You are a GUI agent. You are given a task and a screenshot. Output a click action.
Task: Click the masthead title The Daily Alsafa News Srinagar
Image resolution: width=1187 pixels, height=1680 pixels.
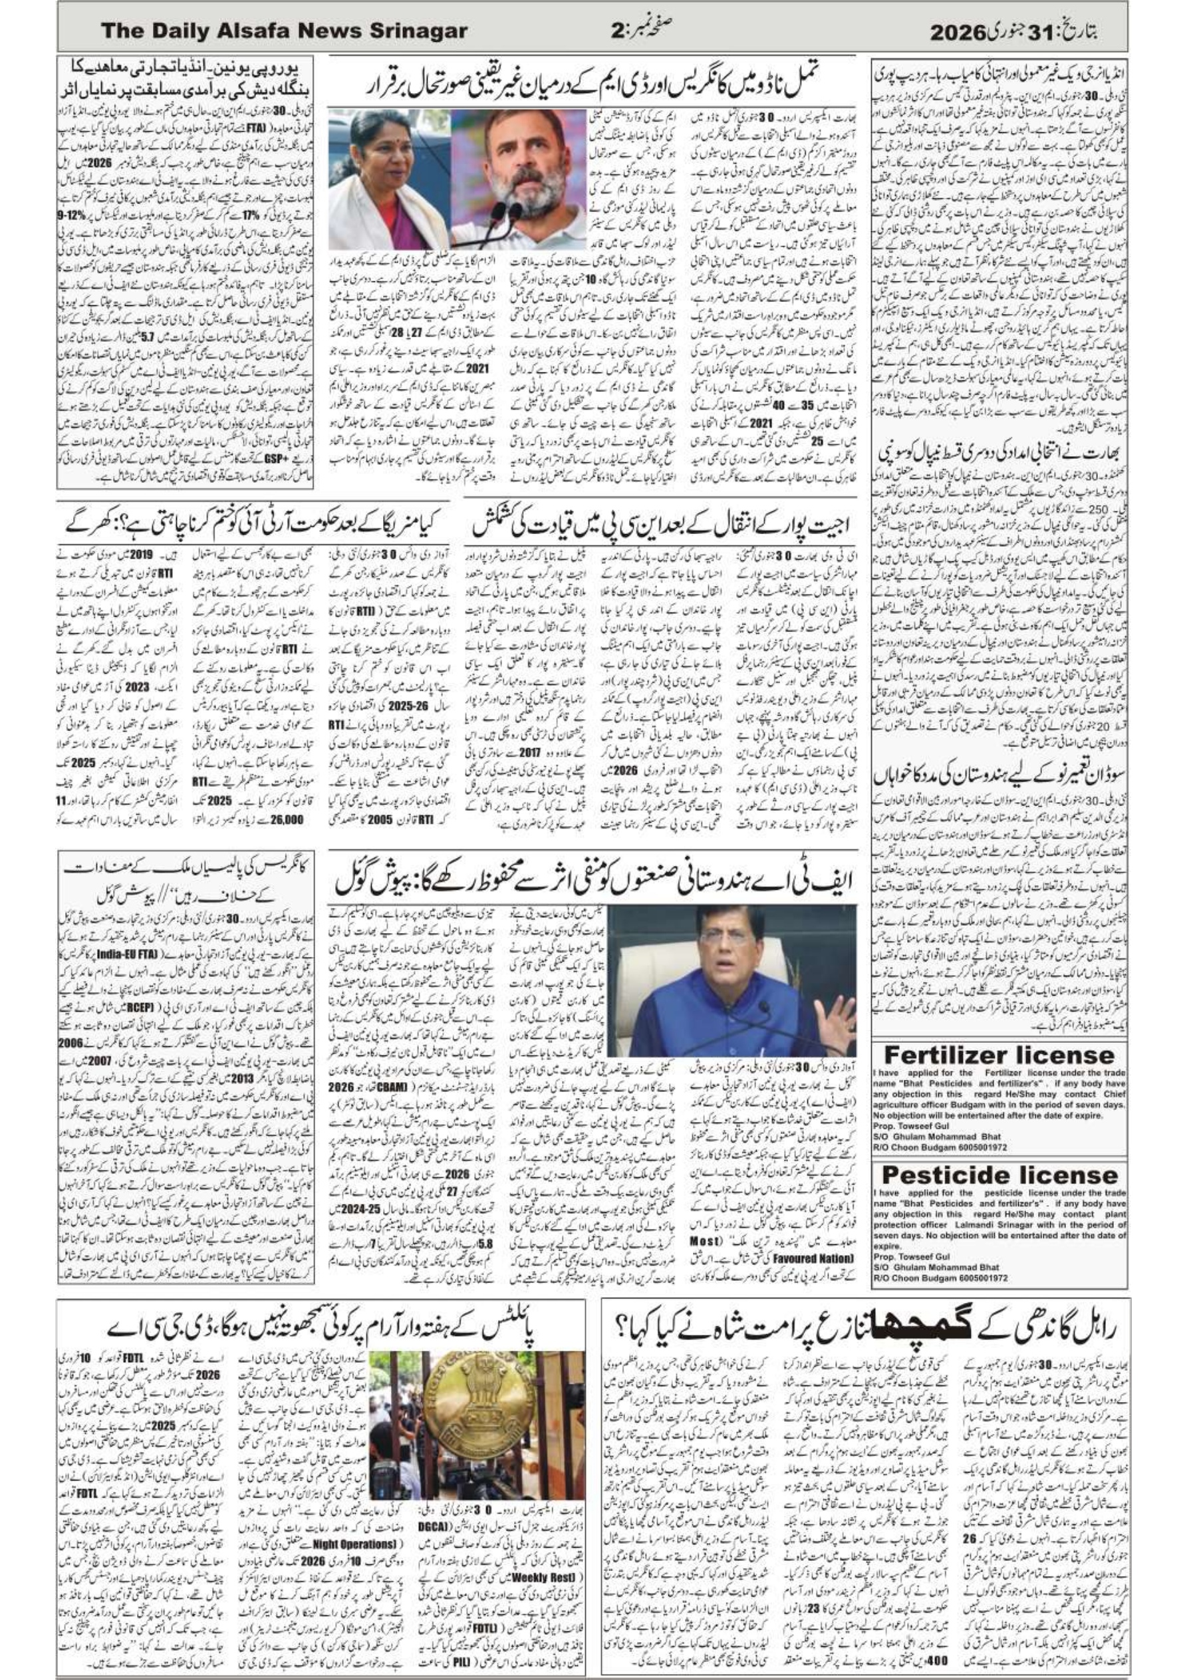coord(283,31)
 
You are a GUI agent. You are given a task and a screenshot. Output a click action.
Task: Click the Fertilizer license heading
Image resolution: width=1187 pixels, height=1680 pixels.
coord(999,1054)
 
